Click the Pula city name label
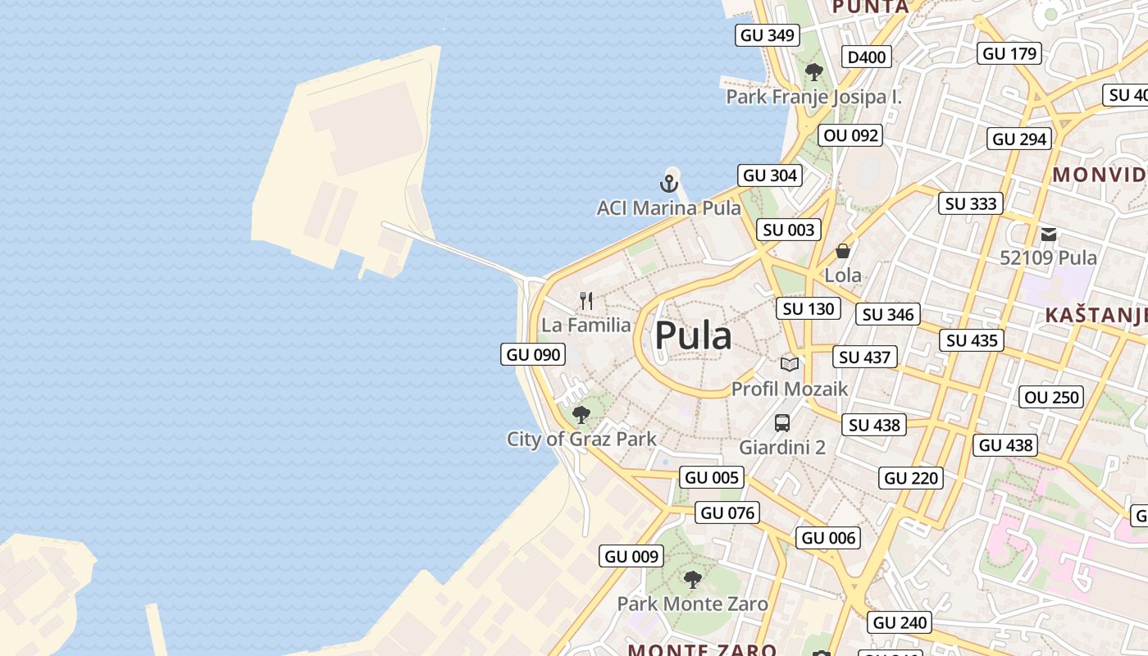coord(693,336)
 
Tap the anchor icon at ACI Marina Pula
coord(670,183)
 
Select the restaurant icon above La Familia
coord(586,301)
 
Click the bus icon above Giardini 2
coord(782,423)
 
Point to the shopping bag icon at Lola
coord(843,251)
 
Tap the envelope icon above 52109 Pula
coord(1049,235)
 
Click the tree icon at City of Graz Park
coord(581,414)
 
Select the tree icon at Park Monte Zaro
coord(693,580)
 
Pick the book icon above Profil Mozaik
coord(790,364)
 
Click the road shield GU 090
coord(533,354)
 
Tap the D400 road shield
coord(867,57)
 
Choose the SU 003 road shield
coord(789,230)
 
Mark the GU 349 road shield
coord(768,34)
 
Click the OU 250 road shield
coord(1052,398)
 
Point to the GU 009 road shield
coord(631,556)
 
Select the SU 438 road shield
coord(875,425)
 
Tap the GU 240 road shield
coord(900,622)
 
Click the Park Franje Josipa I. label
coord(813,97)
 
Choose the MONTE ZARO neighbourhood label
coord(702,649)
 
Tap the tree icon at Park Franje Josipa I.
coord(813,72)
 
